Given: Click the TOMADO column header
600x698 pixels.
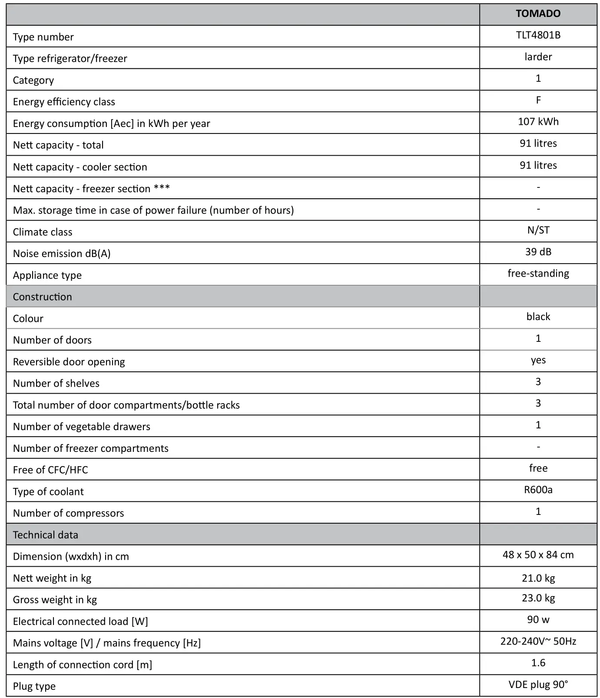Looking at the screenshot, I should [538, 14].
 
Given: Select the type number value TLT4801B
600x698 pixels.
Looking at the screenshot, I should [538, 35].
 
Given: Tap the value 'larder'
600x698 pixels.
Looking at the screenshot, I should [538, 57].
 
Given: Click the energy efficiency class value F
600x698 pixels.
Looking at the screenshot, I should [538, 100].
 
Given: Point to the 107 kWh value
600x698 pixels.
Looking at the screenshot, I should [538, 122].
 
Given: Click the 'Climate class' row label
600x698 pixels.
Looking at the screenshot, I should [43, 232].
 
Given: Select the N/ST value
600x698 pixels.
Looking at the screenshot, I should [538, 230].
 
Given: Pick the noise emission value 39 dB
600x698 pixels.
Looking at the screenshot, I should [538, 252].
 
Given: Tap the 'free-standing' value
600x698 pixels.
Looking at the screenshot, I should [538, 274].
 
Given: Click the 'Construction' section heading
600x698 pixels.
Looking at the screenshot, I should [43, 297].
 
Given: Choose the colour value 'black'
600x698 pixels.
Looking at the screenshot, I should [538, 317].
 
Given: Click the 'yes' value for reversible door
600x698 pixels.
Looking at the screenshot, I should [538, 360].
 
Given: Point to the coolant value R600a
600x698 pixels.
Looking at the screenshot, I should [538, 490].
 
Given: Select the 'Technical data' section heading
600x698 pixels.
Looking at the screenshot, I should [46, 535].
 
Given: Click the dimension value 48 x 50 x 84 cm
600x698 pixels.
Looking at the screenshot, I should [538, 555].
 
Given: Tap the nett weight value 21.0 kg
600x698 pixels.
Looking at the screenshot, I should [538, 578].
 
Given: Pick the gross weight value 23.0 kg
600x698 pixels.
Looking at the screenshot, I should [538, 598].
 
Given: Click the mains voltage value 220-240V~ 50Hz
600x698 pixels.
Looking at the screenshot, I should [538, 641].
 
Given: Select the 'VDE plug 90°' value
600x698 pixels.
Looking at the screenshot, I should [538, 685].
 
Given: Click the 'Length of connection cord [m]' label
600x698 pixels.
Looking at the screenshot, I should [83, 665].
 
